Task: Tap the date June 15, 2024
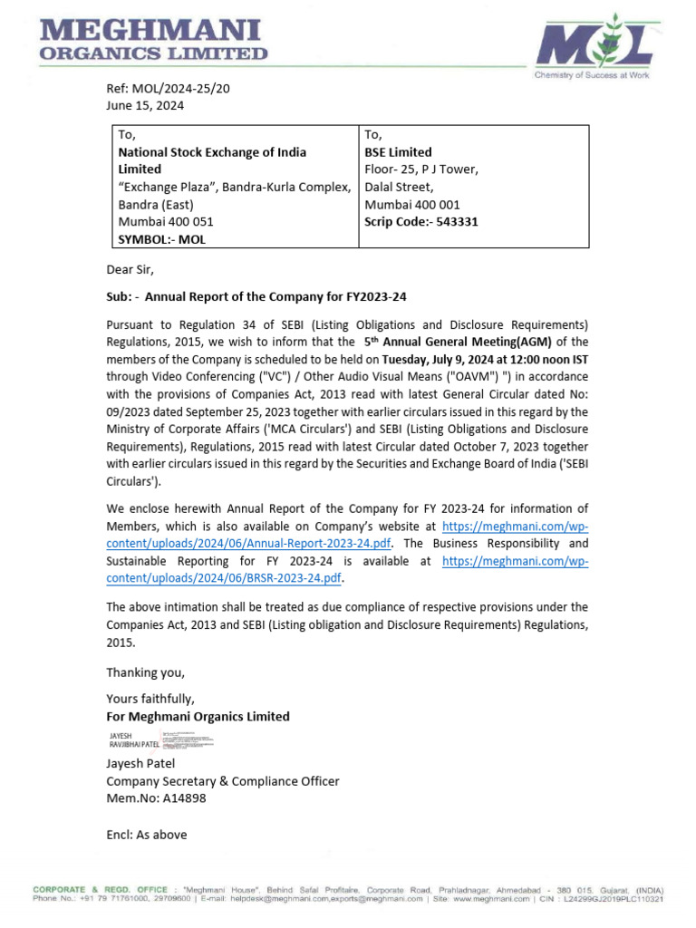pos(145,105)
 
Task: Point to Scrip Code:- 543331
pos(420,221)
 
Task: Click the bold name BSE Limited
pos(398,152)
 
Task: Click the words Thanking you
pos(145,672)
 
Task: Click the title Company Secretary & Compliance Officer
pos(223,781)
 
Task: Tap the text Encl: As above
pos(147,835)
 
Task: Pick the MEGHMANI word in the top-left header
pos(150,32)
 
